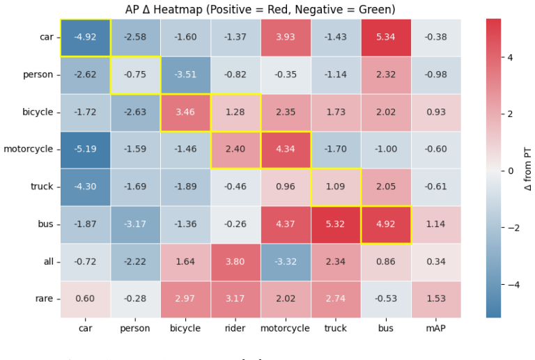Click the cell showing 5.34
click(x=386, y=38)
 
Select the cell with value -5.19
click(x=85, y=150)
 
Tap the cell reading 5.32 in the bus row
click(x=336, y=225)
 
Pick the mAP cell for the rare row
click(x=436, y=299)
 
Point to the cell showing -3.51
click(x=185, y=75)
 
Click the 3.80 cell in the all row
click(x=235, y=262)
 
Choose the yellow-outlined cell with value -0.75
click(x=135, y=75)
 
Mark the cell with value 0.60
click(x=85, y=299)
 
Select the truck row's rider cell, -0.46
click(x=235, y=187)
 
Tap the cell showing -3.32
click(x=286, y=262)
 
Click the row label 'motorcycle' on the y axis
click(x=29, y=149)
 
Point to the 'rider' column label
click(x=235, y=328)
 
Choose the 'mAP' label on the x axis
click(x=435, y=328)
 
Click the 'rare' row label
click(x=44, y=299)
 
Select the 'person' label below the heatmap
click(x=135, y=329)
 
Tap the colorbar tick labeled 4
click(x=510, y=57)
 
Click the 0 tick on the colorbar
click(x=511, y=171)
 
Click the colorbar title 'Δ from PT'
click(x=527, y=169)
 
